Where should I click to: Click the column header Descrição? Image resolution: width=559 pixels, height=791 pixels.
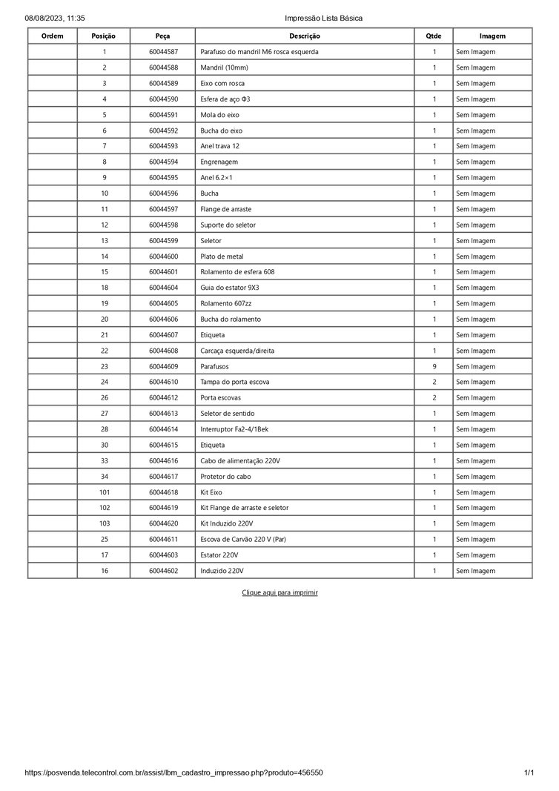coord(305,36)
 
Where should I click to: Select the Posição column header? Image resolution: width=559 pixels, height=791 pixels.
coord(104,36)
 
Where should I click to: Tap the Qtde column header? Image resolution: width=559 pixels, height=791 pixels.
coord(434,36)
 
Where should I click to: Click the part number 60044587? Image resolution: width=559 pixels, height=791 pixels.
coord(163,52)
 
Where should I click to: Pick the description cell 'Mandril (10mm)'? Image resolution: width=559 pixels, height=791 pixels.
coord(223,67)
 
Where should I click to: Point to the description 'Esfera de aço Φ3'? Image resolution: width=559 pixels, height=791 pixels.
coord(225,99)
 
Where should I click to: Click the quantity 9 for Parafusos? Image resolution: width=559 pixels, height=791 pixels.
coord(434,366)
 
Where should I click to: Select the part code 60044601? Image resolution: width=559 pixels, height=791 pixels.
coord(163,272)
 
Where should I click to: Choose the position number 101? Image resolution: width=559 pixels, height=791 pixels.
coord(105,492)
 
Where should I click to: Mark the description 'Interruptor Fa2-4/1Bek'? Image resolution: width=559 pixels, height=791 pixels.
coord(234,429)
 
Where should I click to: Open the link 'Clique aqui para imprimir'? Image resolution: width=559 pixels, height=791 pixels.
coord(279,593)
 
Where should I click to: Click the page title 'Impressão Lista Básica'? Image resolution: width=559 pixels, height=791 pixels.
coord(323,18)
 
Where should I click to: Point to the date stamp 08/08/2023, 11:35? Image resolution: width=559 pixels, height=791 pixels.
coord(55,18)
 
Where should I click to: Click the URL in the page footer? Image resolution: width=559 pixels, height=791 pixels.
coord(173,772)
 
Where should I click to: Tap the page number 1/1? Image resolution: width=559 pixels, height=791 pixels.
coord(529,772)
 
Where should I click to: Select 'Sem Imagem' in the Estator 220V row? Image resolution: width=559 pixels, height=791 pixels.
coord(475,555)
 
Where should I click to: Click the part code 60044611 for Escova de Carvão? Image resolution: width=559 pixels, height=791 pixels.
coord(163,540)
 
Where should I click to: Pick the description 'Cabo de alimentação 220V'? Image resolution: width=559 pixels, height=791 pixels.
coord(240,461)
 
